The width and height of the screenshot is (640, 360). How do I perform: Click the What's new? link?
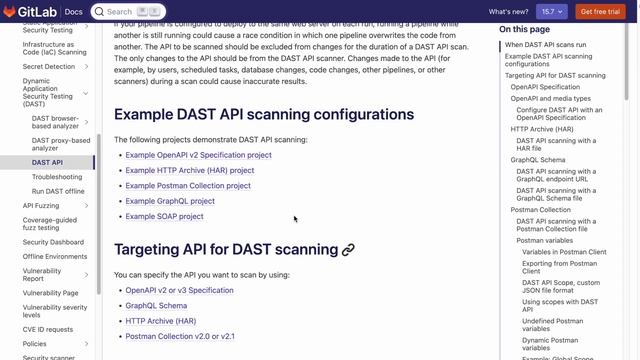(x=508, y=12)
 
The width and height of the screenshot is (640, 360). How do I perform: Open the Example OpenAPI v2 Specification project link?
(x=198, y=155)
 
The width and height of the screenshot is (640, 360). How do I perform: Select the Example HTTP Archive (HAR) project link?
(x=190, y=170)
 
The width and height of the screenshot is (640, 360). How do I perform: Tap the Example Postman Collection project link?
(x=188, y=185)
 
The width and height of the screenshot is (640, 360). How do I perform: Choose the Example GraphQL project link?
(x=170, y=201)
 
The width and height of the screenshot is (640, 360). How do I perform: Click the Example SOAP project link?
(x=164, y=216)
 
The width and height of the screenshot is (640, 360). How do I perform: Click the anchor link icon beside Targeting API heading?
(x=349, y=250)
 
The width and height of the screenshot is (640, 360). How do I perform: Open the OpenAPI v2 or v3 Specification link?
(x=179, y=290)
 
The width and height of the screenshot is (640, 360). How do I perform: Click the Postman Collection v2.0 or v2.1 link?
(x=180, y=336)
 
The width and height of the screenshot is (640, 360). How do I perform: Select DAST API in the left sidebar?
(x=47, y=162)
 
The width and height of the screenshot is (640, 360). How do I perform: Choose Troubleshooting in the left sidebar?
(x=57, y=177)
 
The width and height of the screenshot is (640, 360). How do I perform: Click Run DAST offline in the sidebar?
(x=58, y=191)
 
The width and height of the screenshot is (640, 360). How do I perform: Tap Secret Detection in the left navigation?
(x=48, y=66)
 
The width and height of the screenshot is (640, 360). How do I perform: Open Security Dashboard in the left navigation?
(x=53, y=242)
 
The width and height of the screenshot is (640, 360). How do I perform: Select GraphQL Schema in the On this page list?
(x=538, y=160)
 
